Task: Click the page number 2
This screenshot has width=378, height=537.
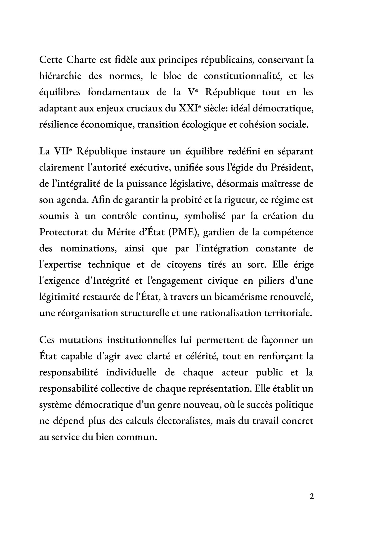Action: coord(311,496)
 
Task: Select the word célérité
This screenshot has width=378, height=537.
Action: coord(198,356)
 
